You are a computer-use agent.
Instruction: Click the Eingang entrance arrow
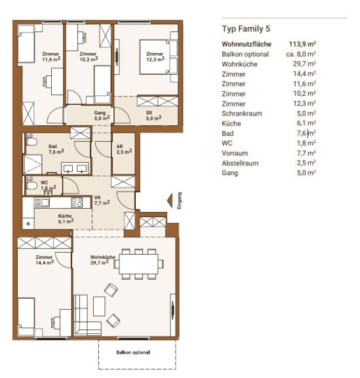point(170,200)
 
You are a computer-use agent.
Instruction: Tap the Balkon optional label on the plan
point(133,352)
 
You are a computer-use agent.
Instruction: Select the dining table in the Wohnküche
point(138,264)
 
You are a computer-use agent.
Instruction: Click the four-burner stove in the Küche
point(77,202)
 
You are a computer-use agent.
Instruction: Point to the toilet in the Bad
point(31,142)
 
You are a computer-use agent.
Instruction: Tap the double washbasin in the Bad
point(75,168)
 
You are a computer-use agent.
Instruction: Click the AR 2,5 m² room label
point(124,149)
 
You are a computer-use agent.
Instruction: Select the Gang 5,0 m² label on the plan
point(102,115)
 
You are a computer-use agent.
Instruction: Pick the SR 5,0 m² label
point(153,115)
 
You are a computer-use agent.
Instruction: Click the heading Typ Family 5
point(246,29)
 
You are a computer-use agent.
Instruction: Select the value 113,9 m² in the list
point(302,44)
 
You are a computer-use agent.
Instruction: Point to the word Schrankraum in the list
point(242,114)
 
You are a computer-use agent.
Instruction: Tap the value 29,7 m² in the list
point(304,64)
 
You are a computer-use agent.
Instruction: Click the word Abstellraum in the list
point(240,163)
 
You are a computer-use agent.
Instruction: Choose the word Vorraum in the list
point(235,153)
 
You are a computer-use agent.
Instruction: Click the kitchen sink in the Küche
point(42,202)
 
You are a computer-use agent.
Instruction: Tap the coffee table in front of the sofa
point(99,306)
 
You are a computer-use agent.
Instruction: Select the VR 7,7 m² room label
point(102,200)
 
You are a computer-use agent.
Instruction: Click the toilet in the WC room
point(31,186)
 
